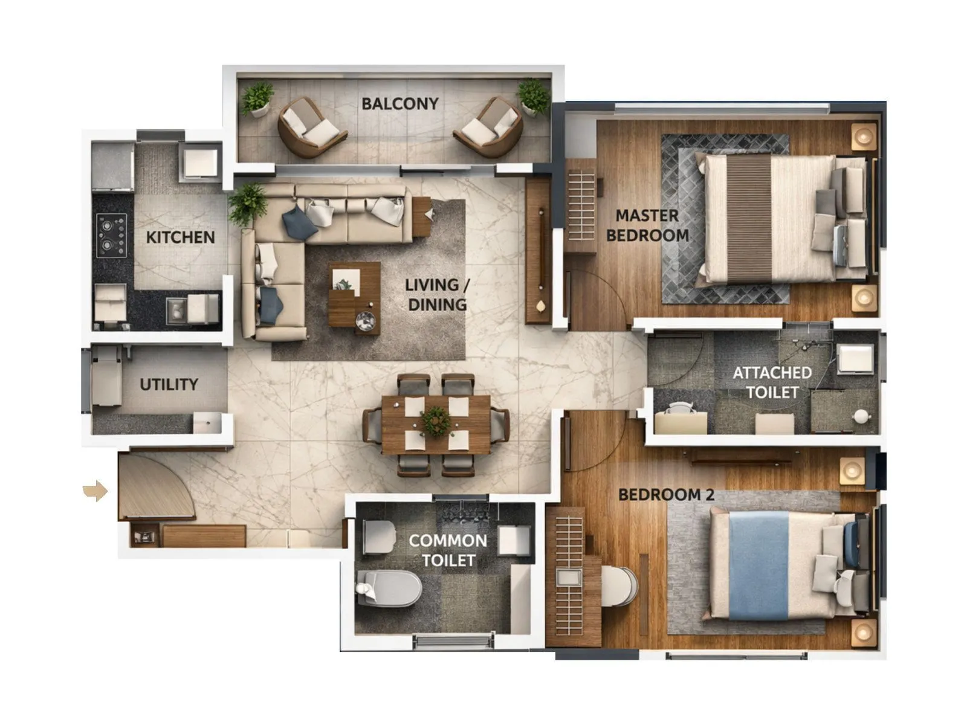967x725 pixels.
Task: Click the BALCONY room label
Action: [399, 104]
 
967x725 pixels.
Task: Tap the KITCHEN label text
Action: [180, 237]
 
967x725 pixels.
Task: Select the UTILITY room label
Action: [169, 384]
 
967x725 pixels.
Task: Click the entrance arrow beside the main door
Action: [95, 491]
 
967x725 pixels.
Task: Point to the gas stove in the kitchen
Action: [112, 236]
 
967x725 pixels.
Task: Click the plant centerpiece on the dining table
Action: [436, 420]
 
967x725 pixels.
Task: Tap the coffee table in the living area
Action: [355, 298]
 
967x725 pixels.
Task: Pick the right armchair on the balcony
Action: [490, 126]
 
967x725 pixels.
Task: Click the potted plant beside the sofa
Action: [248, 204]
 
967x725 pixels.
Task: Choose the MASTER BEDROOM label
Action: [647, 225]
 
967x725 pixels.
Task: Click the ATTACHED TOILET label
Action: [772, 382]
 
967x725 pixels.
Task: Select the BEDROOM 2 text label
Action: [666, 495]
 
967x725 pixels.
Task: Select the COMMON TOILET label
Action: [448, 550]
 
